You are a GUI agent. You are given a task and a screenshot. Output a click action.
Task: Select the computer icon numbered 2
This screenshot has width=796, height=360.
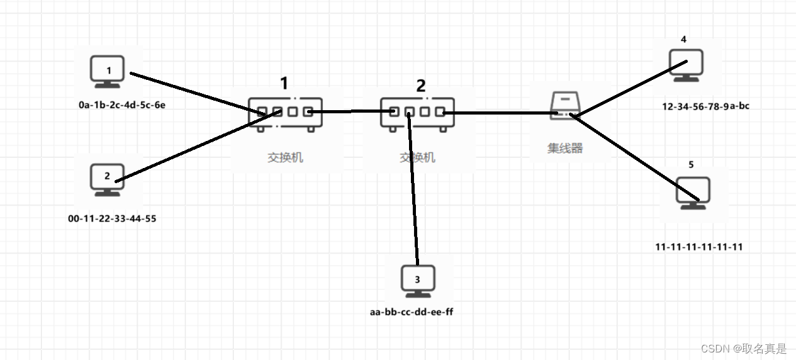tap(107, 179)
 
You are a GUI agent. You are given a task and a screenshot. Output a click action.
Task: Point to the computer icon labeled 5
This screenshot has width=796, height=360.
tap(693, 193)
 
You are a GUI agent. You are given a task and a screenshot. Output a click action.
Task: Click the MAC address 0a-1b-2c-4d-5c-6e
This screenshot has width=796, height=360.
tap(126, 105)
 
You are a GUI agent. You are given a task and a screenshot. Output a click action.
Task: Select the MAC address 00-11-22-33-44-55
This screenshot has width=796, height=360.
tap(112, 219)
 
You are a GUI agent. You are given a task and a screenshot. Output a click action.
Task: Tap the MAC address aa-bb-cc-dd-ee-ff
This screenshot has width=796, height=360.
tap(412, 312)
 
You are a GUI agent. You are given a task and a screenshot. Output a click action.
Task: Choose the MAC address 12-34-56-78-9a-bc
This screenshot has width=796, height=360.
tap(705, 106)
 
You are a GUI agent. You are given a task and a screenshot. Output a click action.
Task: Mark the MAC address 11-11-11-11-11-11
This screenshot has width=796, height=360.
tap(698, 247)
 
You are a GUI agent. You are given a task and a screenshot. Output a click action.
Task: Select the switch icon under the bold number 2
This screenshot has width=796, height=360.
tap(417, 113)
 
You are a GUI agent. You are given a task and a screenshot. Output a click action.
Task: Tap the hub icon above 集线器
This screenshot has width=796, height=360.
tap(564, 106)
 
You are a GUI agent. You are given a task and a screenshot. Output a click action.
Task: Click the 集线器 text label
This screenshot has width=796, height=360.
tap(564, 149)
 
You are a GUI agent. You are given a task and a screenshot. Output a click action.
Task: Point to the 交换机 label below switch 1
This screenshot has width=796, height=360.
tap(285, 157)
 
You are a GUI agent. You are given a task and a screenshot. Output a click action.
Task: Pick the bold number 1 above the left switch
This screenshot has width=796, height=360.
tap(284, 83)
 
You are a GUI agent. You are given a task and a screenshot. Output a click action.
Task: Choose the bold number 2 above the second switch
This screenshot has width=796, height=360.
tap(421, 86)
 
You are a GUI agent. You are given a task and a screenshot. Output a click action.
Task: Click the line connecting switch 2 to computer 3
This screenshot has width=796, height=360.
tap(413, 189)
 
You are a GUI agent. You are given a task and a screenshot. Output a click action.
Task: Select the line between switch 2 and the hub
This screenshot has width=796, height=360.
tap(497, 113)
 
